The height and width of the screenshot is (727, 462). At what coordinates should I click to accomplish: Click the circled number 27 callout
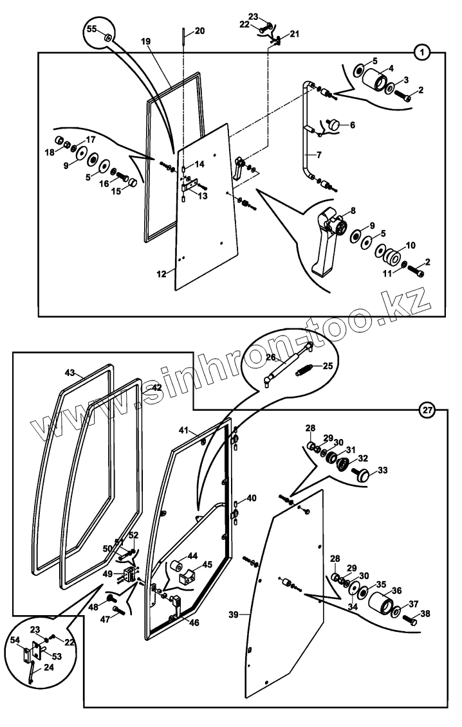click(428, 409)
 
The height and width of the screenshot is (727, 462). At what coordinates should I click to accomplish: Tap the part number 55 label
click(92, 30)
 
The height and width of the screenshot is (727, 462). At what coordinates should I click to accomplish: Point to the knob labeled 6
click(335, 125)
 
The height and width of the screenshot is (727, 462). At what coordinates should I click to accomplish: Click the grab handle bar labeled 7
click(302, 138)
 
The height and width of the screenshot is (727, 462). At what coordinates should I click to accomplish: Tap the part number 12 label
click(162, 273)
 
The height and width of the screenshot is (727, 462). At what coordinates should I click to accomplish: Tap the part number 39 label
click(235, 614)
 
